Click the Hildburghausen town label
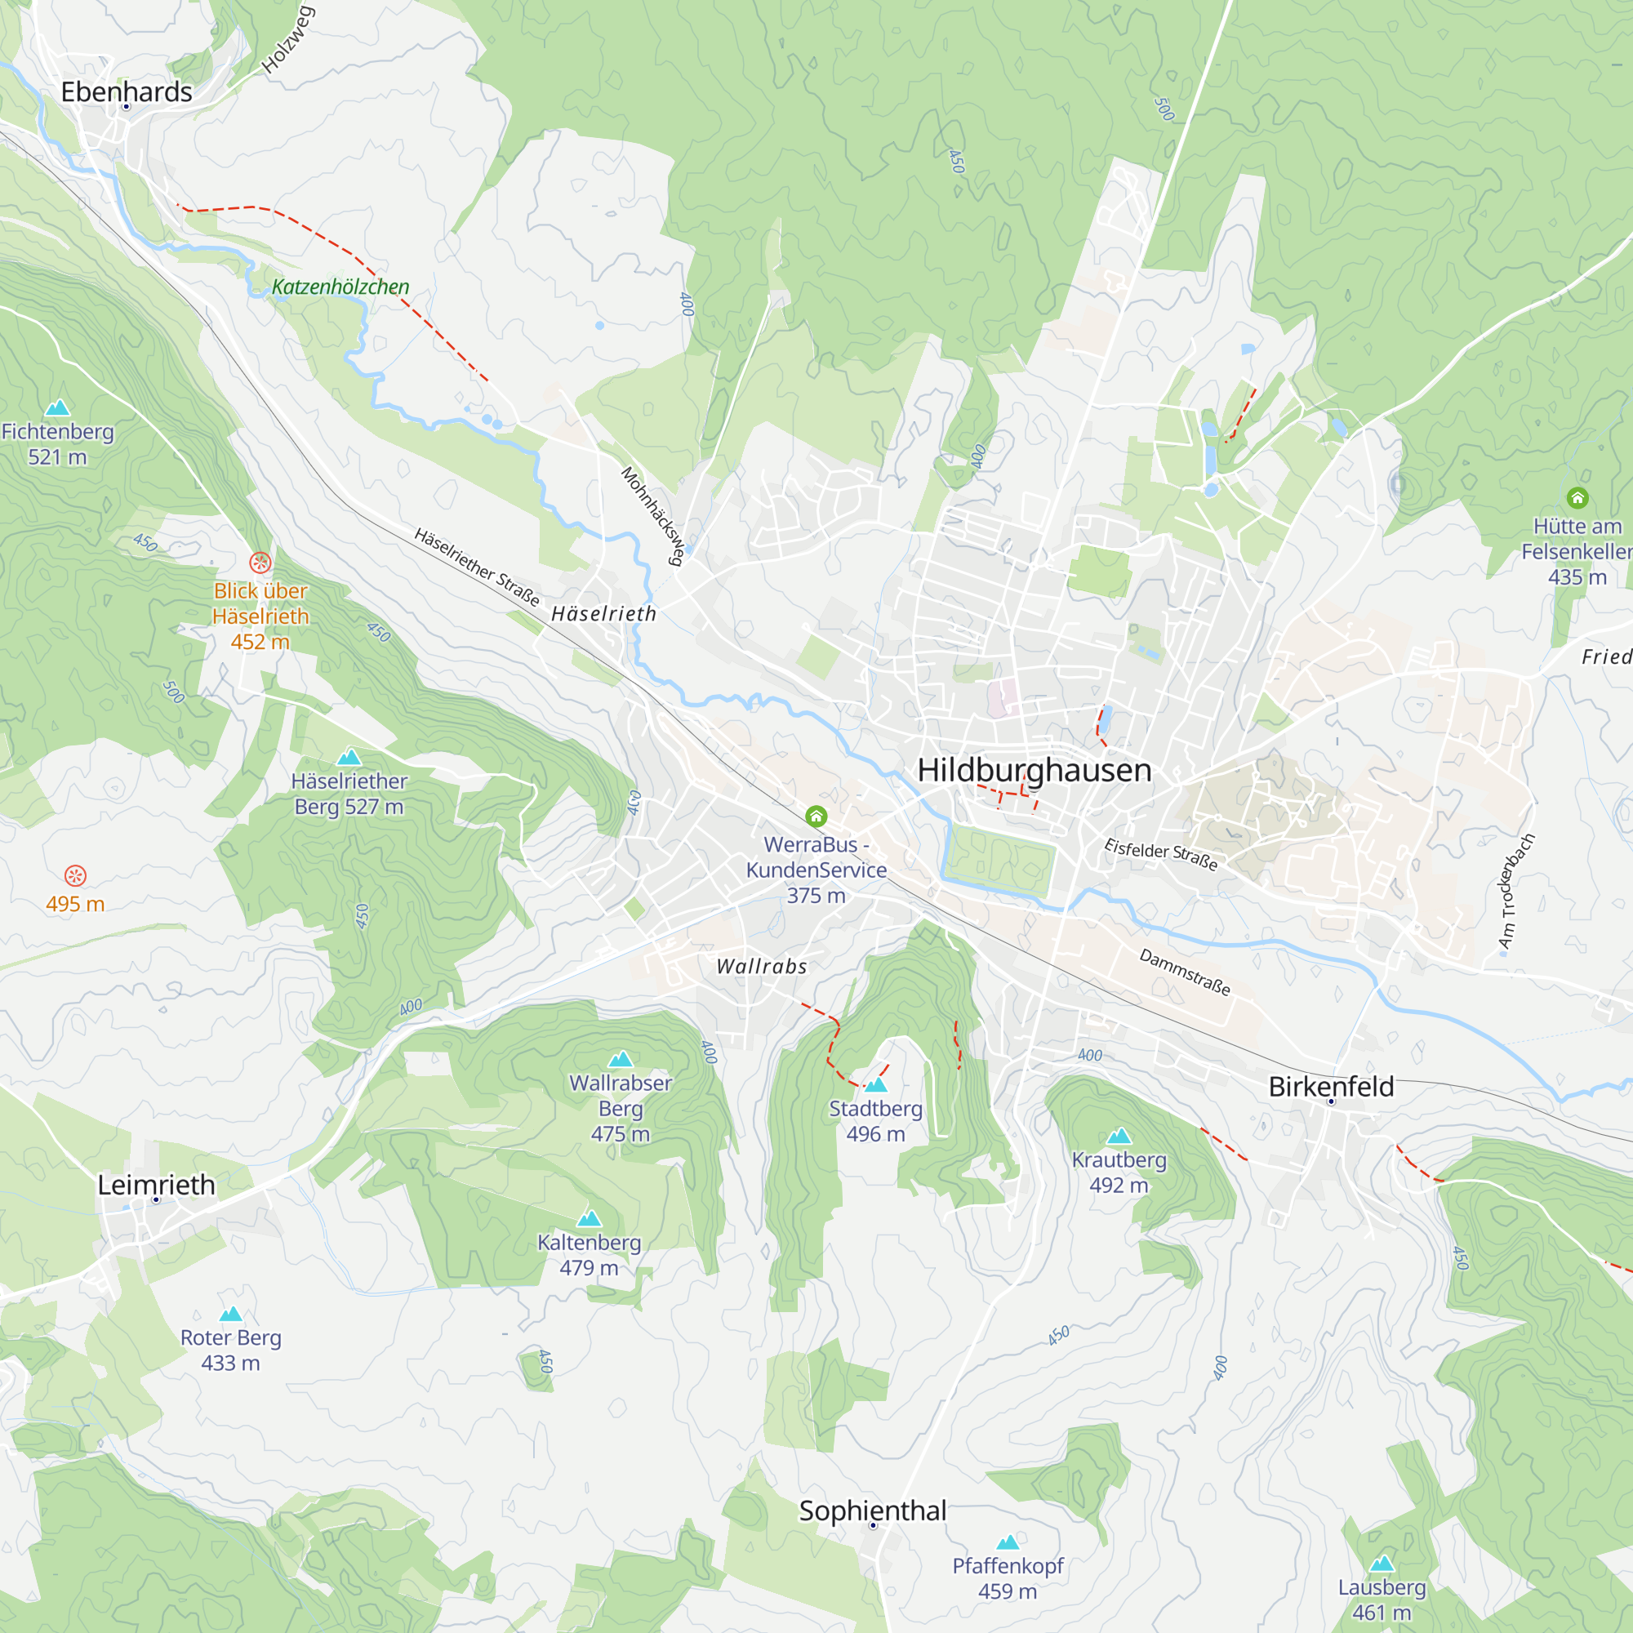1034,770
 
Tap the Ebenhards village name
127,91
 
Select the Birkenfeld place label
1330,1087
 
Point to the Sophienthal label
872,1511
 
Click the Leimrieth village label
157,1185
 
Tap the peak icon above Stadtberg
875,1084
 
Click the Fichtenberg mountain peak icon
57,408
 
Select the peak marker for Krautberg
1119,1136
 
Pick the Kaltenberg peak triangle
590,1219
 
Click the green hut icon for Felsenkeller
1577,498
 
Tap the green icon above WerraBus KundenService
816,816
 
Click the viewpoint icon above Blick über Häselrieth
260,562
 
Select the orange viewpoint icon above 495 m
75,875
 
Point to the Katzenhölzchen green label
340,287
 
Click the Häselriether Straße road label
477,567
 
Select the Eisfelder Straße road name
1160,855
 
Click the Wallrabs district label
762,966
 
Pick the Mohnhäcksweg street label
652,515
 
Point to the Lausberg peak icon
1382,1564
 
